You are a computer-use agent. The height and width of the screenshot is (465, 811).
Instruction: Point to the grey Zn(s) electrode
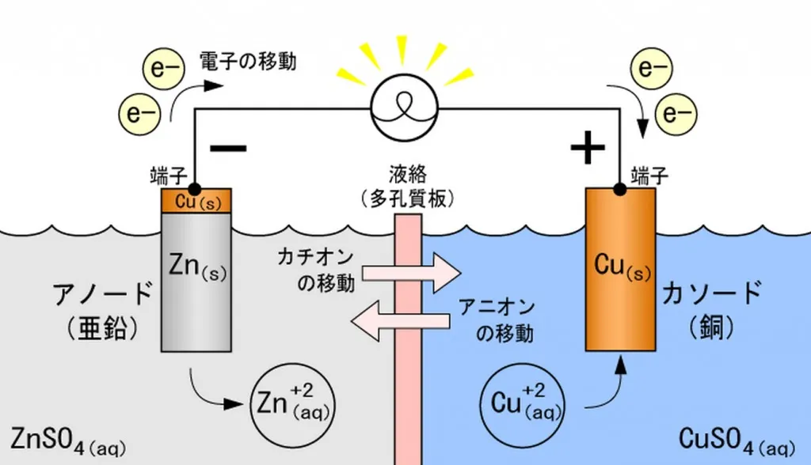click(x=196, y=285)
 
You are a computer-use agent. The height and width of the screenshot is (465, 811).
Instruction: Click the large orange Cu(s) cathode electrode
click(x=620, y=269)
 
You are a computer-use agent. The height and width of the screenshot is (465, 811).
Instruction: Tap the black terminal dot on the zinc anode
click(x=195, y=189)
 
